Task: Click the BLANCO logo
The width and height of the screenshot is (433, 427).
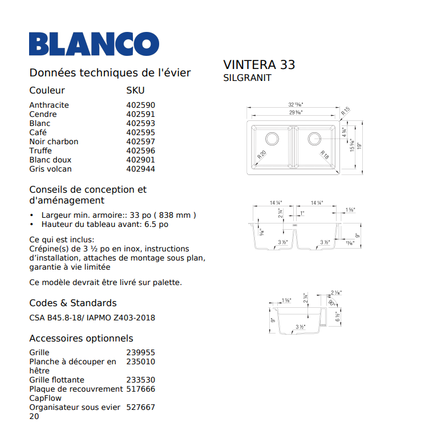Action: click(94, 44)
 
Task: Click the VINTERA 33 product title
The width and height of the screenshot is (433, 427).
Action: click(259, 64)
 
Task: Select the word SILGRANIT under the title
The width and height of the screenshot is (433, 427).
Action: click(247, 78)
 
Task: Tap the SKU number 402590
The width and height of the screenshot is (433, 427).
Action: click(140, 105)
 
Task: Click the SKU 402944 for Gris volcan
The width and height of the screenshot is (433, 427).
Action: click(140, 169)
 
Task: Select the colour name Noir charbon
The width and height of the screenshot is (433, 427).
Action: click(54, 141)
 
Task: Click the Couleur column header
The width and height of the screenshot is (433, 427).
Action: click(47, 90)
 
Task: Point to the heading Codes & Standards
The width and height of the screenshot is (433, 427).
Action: click(72, 303)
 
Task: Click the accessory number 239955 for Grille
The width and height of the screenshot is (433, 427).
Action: click(140, 352)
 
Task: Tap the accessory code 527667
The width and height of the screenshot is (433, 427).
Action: click(140, 407)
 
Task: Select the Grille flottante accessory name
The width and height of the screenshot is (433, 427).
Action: click(56, 380)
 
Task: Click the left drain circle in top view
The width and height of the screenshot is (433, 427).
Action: click(272, 138)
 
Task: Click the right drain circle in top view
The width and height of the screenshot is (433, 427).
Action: click(314, 138)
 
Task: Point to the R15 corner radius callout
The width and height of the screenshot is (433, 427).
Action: click(346, 112)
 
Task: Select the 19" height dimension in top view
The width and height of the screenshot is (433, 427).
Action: click(359, 145)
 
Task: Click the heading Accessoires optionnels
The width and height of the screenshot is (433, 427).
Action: click(81, 338)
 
